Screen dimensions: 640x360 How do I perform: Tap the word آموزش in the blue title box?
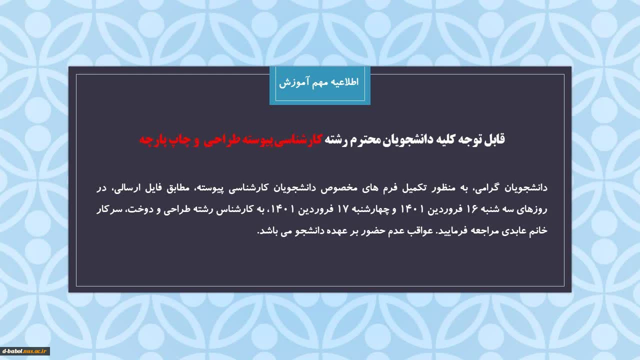(290, 82)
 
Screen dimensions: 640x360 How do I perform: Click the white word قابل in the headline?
(494, 139)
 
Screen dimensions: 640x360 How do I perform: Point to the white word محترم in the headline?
(367, 140)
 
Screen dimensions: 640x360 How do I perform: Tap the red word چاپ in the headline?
(175, 140)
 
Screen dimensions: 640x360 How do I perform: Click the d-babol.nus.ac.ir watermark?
(24, 351)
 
